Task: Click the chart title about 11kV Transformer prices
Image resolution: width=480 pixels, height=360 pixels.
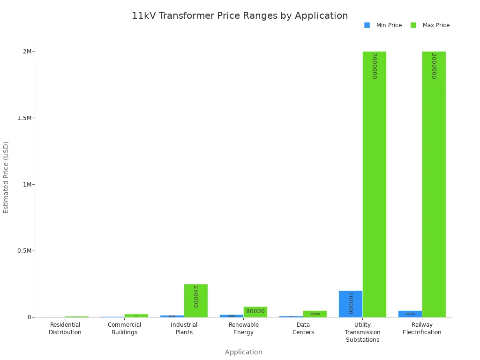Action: tap(240, 15)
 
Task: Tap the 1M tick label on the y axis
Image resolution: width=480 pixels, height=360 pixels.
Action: tap(27, 185)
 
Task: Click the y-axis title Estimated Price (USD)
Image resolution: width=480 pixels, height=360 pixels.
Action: tap(6, 177)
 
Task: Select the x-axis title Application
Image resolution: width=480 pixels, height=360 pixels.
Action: tap(243, 352)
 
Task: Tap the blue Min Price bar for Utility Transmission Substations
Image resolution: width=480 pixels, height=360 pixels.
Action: tap(351, 304)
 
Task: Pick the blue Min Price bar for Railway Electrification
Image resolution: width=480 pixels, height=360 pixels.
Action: tap(410, 314)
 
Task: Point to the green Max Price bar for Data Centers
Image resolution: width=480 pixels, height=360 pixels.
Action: tap(315, 314)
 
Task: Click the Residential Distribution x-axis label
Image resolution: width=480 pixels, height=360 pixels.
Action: tap(65, 329)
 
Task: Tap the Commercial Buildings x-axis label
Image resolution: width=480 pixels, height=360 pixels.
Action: tap(124, 329)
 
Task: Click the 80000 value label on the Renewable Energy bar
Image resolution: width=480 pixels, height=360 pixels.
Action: tap(255, 311)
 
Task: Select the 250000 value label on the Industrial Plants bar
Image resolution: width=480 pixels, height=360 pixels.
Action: tap(196, 296)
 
